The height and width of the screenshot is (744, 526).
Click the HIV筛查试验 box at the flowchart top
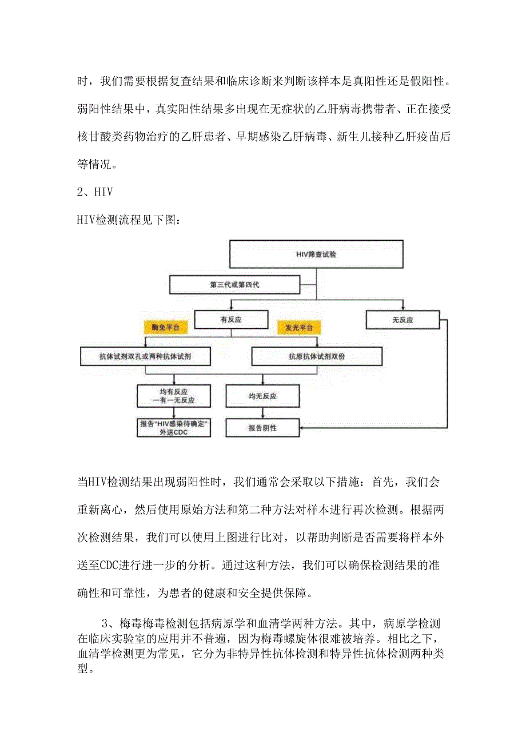pyautogui.click(x=316, y=254)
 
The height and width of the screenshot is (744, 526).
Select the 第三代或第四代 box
pyautogui.click(x=234, y=284)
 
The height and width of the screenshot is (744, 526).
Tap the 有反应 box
pyautogui.click(x=231, y=320)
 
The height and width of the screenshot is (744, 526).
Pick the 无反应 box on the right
pyautogui.click(x=403, y=320)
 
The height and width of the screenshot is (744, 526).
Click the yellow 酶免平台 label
pyautogui.click(x=165, y=328)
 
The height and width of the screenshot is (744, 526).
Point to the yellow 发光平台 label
pyautogui.click(x=299, y=328)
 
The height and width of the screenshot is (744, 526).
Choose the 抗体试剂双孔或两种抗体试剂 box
pyautogui.click(x=145, y=356)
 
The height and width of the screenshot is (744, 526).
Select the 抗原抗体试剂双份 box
pyautogui.click(x=316, y=356)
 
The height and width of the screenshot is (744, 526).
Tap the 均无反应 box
pyautogui.click(x=262, y=395)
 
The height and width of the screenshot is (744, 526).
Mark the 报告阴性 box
pyautogui.click(x=262, y=427)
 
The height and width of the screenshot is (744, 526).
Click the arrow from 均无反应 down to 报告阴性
pyautogui.click(x=262, y=413)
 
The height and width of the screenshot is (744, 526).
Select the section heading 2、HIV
pyautogui.click(x=95, y=193)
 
